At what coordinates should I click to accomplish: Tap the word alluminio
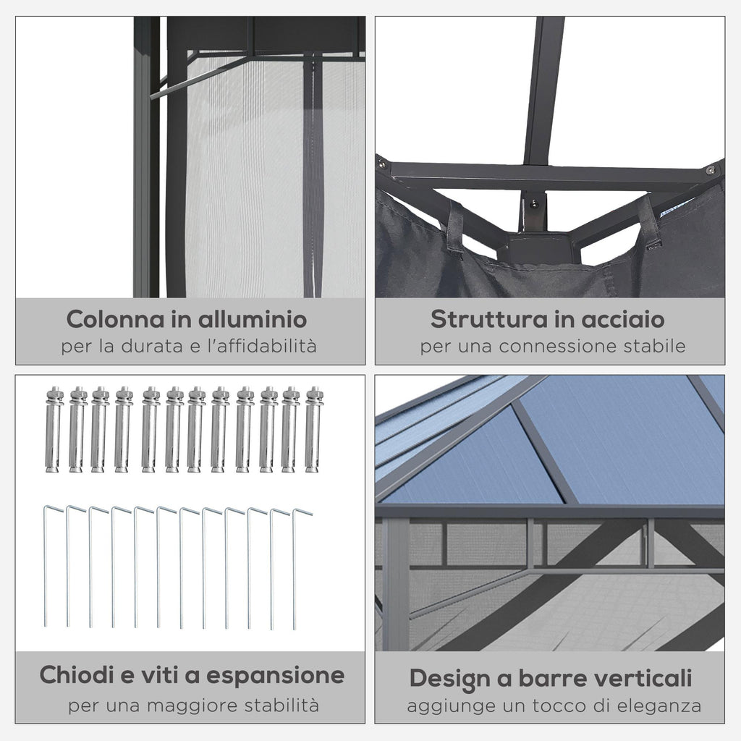click(253, 319)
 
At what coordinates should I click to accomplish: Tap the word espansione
click(276, 676)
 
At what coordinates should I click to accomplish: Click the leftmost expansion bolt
click(54, 430)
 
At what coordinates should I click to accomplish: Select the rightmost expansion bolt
click(314, 430)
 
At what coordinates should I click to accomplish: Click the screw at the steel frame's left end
click(382, 165)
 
